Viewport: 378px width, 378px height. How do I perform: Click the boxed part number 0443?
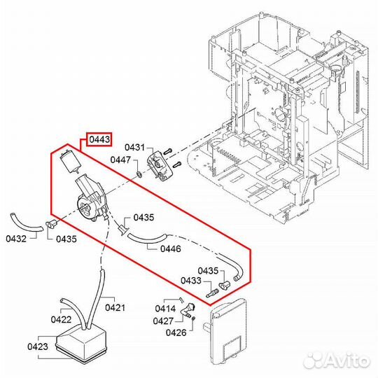pos(99,141)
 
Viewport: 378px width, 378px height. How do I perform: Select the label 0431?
pos(134,147)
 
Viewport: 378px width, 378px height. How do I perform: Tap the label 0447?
pos(121,160)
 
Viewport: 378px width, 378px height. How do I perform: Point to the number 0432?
pos(17,239)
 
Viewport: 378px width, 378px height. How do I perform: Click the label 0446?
pos(170,248)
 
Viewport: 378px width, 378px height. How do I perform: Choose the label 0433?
pos(192,281)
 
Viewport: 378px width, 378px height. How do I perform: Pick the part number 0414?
pos(165,307)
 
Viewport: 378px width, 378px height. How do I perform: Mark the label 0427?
pos(165,321)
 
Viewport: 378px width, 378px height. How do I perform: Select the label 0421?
pos(115,307)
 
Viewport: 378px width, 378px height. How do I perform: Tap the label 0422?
pos(42,319)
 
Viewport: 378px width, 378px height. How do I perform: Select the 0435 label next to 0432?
pos(66,239)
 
